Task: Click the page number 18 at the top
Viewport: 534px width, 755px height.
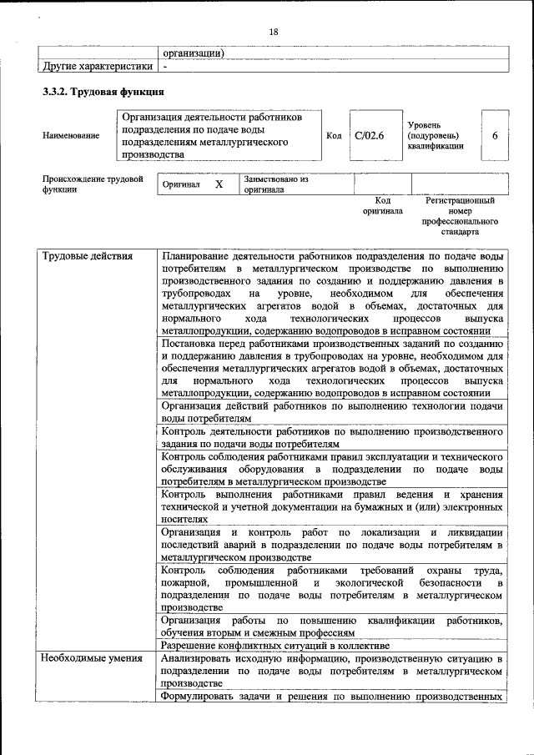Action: coord(273,32)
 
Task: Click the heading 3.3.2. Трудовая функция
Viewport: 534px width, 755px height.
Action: coord(103,91)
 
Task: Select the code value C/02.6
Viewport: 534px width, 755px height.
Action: coord(368,135)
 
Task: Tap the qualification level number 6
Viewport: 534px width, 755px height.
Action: coord(495,135)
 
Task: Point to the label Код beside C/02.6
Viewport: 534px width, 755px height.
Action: coord(334,135)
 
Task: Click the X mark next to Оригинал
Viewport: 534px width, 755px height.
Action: coord(219,184)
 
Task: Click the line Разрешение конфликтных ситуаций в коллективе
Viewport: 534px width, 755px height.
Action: coord(275,646)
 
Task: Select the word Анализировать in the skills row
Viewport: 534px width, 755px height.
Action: coord(202,658)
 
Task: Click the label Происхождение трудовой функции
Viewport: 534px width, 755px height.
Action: coord(93,184)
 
